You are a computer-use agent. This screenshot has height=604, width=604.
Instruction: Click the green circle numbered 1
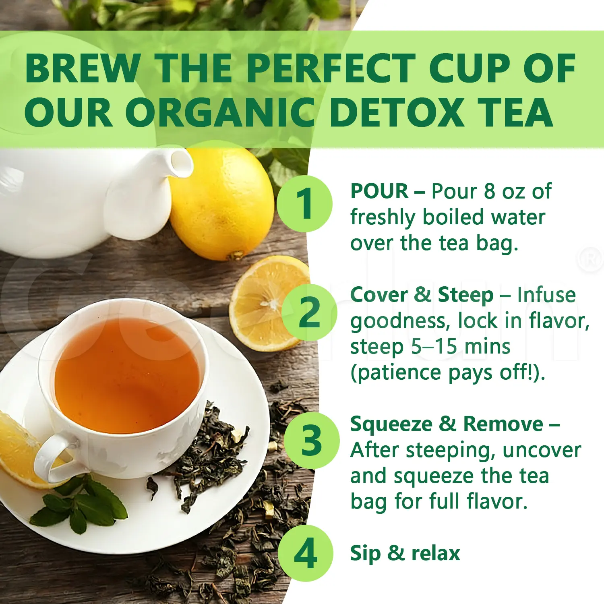coord(305,204)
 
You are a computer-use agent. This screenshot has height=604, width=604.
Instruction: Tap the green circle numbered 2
coord(309,312)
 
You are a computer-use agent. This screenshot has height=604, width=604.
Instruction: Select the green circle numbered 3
coord(311,440)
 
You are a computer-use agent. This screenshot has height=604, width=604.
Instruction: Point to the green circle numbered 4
coord(306,553)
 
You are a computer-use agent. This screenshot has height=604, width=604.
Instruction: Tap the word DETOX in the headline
coord(397,112)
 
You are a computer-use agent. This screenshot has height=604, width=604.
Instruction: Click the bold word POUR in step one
coord(379,191)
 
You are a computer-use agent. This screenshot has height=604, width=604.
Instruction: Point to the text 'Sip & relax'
coord(405,553)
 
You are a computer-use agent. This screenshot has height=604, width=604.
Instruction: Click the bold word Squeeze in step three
coord(391,424)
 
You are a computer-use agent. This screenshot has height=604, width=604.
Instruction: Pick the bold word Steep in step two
coord(465,295)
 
